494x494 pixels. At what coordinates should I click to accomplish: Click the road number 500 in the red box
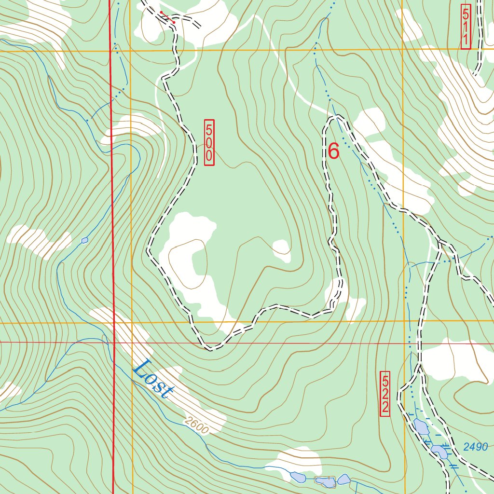coord(209,142)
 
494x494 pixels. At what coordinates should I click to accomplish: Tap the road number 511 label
coord(466,27)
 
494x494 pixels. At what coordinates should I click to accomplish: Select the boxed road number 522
coord(384,394)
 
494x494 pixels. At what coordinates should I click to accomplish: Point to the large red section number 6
coord(333,151)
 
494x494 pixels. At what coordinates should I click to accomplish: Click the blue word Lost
coord(152,379)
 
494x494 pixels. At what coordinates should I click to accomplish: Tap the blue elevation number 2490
coord(476,447)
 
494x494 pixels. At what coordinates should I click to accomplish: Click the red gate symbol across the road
coord(167,17)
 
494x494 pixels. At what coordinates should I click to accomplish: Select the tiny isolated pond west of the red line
coord(85,240)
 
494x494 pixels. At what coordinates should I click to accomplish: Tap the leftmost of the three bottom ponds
coord(297,477)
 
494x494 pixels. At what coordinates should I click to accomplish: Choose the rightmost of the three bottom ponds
coord(343,479)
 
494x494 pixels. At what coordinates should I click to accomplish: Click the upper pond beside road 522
coord(421,426)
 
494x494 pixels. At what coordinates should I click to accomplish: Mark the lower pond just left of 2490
coord(439,452)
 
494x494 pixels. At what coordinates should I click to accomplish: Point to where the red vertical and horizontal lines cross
coord(114,342)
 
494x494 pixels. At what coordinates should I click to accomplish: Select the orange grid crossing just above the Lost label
coord(131,322)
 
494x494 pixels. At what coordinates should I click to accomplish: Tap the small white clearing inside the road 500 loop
coord(281,250)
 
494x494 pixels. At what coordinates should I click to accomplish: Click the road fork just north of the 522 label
coord(419,367)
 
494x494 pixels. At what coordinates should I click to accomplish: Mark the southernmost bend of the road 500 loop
coord(210,348)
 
